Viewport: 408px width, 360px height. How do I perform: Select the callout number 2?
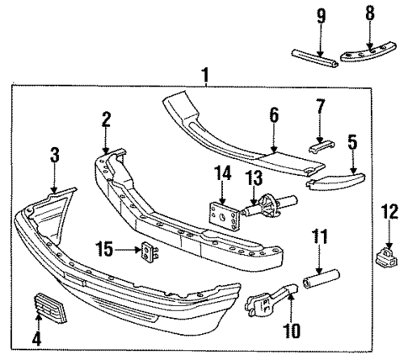pyautogui.click(x=106, y=119)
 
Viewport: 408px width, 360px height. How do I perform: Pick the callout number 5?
pyautogui.click(x=352, y=142)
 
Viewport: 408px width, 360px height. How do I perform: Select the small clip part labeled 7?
pyautogui.click(x=321, y=144)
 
